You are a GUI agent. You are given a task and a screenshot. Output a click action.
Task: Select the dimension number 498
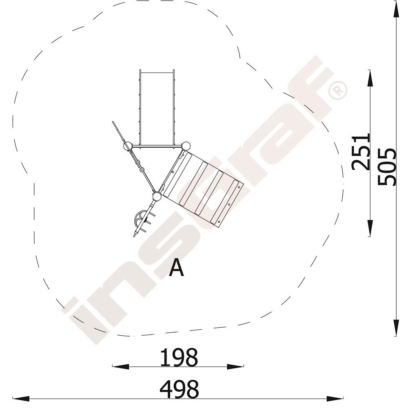pyautogui.click(x=179, y=389)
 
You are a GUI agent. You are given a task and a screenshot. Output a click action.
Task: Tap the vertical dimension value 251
pyautogui.click(x=361, y=152)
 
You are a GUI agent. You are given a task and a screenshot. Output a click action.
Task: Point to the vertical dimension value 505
pyautogui.click(x=387, y=167)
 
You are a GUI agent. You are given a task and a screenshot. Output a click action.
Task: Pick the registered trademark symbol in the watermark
pyautogui.click(x=337, y=90)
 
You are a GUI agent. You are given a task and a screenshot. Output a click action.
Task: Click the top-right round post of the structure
pyautogui.click(x=186, y=146)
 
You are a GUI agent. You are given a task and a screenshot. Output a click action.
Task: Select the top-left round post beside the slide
pyautogui.click(x=127, y=146)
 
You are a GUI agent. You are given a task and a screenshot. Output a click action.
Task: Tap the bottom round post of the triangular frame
pyautogui.click(x=157, y=197)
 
